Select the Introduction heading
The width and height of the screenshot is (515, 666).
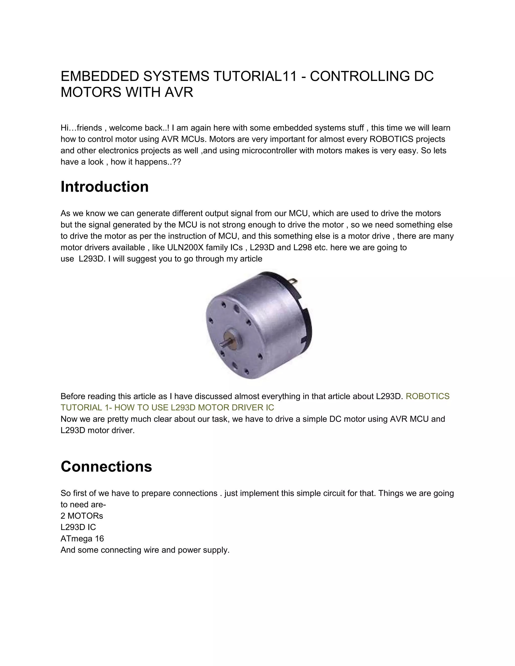point(104,187)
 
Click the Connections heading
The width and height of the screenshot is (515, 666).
point(106,466)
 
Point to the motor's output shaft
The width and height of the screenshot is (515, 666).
point(224,343)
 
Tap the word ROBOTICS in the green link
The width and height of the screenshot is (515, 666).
point(427,396)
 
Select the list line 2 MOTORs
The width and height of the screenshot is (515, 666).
point(82,516)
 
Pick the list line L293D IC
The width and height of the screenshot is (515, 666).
point(78,527)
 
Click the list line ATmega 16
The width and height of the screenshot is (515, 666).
point(82,539)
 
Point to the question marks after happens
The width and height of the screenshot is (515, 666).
point(177,162)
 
